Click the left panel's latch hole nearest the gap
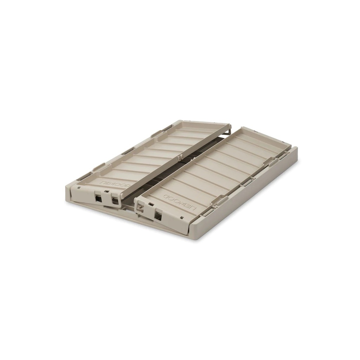pyautogui.click(x=115, y=201)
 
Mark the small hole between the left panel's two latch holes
pyautogui.click(x=105, y=192)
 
